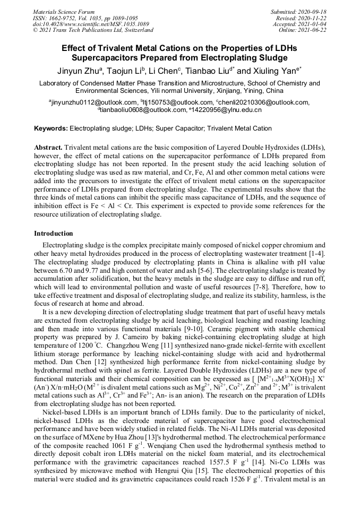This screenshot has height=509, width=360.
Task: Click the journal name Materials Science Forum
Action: point(64,12)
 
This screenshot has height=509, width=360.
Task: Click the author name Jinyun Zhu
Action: point(78,71)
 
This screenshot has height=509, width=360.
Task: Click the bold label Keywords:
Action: point(51,128)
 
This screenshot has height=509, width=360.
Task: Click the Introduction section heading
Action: point(54,234)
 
